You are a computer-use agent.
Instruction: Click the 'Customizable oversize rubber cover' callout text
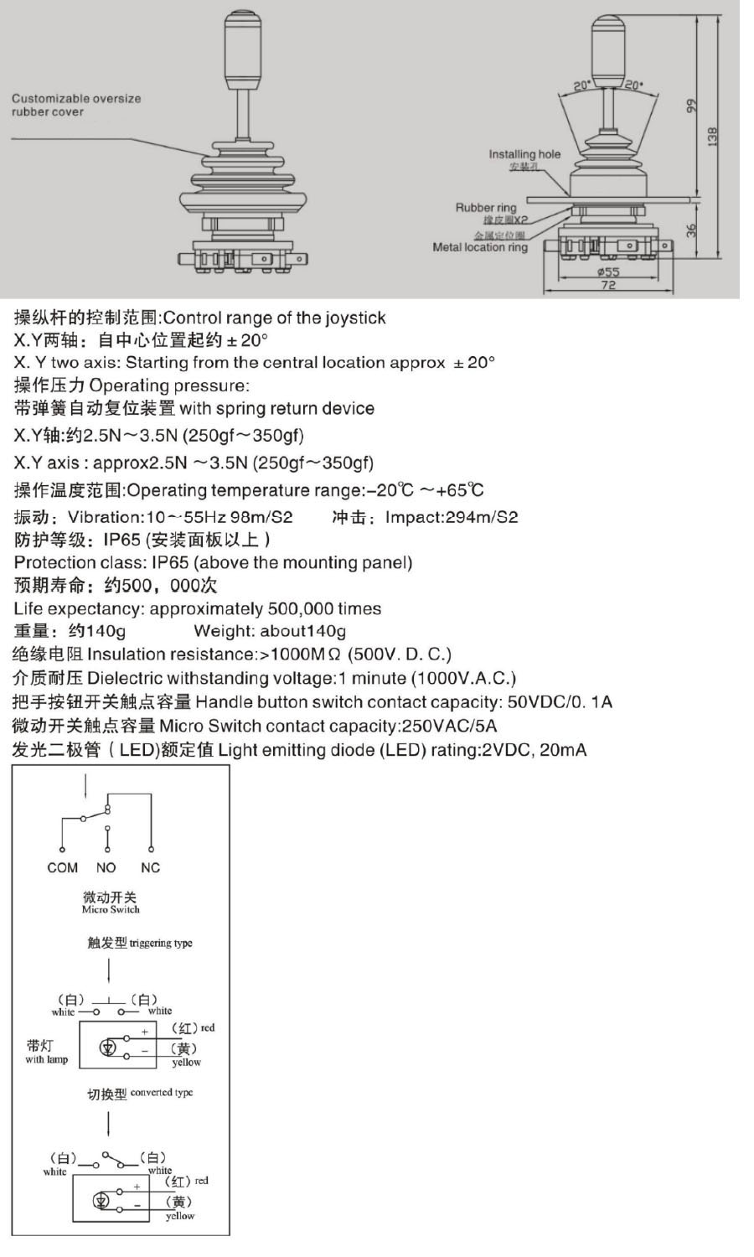[x=75, y=105]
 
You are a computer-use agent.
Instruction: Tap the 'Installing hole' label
[x=524, y=154]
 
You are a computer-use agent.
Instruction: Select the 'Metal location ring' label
[x=480, y=247]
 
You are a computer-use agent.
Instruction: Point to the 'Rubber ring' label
[x=486, y=207]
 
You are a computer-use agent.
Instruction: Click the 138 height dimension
[x=712, y=136]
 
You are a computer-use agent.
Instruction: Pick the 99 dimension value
[x=691, y=106]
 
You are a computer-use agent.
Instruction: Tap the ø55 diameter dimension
[x=608, y=272]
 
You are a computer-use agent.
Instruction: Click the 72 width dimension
[x=608, y=286]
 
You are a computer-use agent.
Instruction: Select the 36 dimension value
[x=692, y=229]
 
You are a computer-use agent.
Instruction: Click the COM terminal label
[x=62, y=868]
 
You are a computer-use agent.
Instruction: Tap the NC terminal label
[x=150, y=868]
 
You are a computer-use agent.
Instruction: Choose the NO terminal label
[x=106, y=868]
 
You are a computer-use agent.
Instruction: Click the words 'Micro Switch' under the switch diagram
[x=111, y=909]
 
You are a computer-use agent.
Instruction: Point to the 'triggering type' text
[x=161, y=943]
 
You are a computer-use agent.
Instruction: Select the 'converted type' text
[x=163, y=1093]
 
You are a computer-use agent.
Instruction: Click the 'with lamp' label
[x=46, y=1059]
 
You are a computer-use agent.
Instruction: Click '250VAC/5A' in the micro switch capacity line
[x=449, y=726]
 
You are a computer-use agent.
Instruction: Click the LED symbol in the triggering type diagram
[x=108, y=1047]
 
